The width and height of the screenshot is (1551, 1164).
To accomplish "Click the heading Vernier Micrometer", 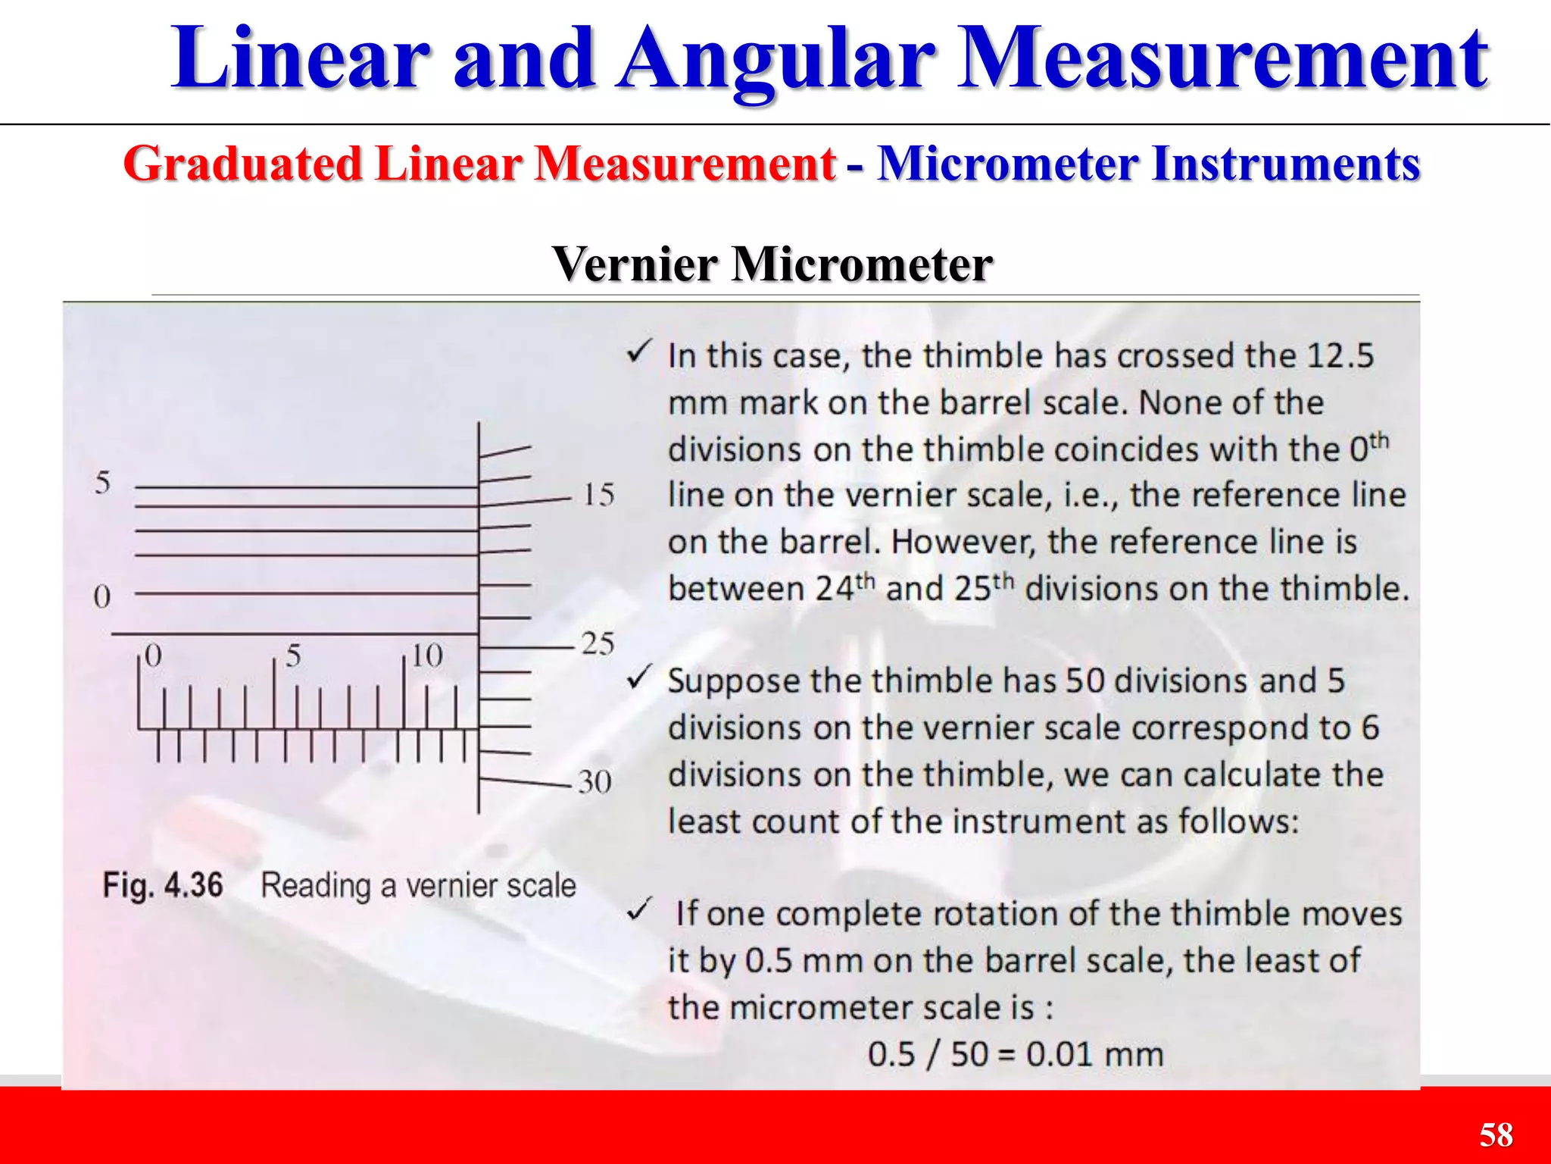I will pyautogui.click(x=772, y=264).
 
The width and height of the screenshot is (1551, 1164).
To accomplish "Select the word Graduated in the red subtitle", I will pyautogui.click(x=242, y=164).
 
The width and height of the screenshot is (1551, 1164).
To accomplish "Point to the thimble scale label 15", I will pyautogui.click(x=598, y=496).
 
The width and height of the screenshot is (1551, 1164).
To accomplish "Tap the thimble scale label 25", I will pyautogui.click(x=598, y=644).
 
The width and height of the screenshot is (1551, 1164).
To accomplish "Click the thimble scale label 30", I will pyautogui.click(x=595, y=781).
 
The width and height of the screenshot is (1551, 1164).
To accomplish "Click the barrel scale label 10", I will pyautogui.click(x=426, y=656).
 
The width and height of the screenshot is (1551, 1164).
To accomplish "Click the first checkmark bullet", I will pyautogui.click(x=639, y=351).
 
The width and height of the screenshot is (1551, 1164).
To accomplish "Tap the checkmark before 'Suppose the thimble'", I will pyautogui.click(x=639, y=676).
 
